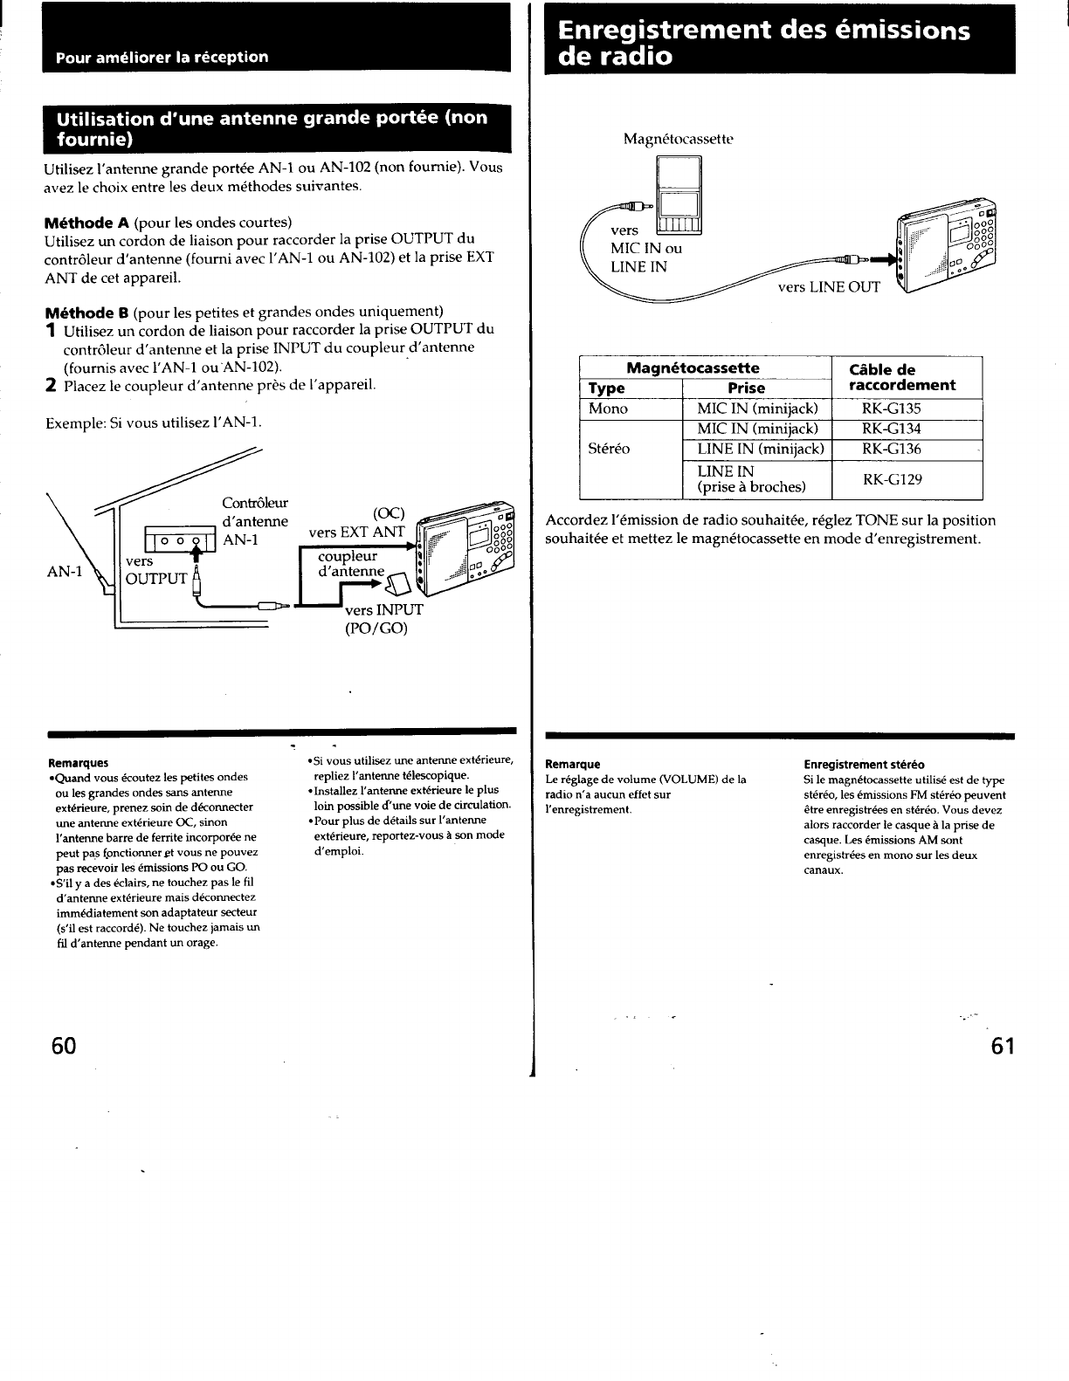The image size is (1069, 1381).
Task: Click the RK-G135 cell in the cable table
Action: pyautogui.click(x=891, y=409)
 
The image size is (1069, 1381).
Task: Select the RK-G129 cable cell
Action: pyautogui.click(x=892, y=479)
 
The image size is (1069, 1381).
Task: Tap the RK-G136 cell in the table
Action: pyautogui.click(x=891, y=449)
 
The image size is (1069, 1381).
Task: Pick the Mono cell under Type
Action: pyautogui.click(x=608, y=409)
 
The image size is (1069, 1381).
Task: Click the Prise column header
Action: pyautogui.click(x=746, y=388)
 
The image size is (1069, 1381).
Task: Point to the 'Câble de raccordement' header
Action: pyautogui.click(x=902, y=377)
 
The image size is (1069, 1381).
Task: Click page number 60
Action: pyautogui.click(x=65, y=1046)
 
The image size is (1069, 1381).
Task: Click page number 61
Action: pyautogui.click(x=1003, y=1046)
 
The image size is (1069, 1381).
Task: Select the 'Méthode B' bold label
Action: pyautogui.click(x=86, y=312)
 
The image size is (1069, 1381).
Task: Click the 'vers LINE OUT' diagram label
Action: pyautogui.click(x=829, y=286)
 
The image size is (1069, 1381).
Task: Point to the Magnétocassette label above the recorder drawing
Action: pyautogui.click(x=679, y=139)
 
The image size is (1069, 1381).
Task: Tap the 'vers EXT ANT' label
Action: pyautogui.click(x=356, y=532)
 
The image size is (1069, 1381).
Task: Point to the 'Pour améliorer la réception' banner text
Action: pyautogui.click(x=162, y=58)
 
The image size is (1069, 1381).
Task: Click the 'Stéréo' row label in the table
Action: pyautogui.click(x=609, y=449)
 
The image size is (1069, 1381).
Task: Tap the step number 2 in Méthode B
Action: pyautogui.click(x=51, y=385)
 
